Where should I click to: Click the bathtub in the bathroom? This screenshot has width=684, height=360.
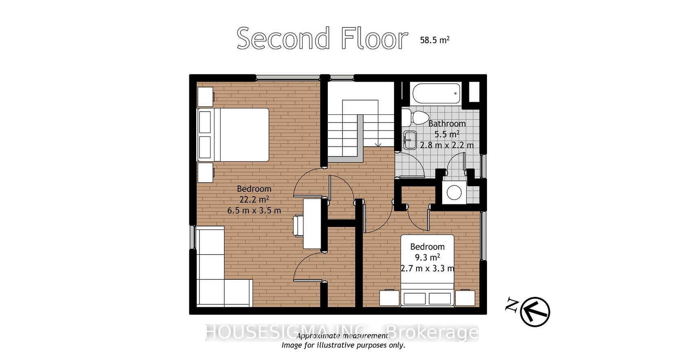(x=436, y=93)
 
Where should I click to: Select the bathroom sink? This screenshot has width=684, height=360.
(x=410, y=140)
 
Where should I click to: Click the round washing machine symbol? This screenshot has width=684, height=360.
(x=454, y=193)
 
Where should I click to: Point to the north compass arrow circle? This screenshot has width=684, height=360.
(x=535, y=312)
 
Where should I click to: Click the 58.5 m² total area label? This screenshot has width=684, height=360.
(x=434, y=40)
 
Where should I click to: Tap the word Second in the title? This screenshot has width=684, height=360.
(x=283, y=38)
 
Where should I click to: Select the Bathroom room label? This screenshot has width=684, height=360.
(x=447, y=123)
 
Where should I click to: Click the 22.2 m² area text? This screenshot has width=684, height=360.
(x=254, y=200)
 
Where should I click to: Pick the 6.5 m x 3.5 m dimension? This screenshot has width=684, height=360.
(x=254, y=211)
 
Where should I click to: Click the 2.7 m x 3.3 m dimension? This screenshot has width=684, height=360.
(x=427, y=268)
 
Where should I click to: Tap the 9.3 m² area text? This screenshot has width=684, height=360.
(x=427, y=257)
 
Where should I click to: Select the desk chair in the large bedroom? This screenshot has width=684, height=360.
(x=298, y=226)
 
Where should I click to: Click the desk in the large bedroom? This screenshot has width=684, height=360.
(x=312, y=224)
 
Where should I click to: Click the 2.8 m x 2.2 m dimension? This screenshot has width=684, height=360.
(x=447, y=145)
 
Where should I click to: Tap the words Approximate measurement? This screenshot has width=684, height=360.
(x=343, y=336)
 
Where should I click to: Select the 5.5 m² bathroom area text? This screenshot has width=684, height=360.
(x=447, y=134)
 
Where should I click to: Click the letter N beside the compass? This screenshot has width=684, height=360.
(x=511, y=305)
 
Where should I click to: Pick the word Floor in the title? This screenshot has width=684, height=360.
(x=374, y=38)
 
